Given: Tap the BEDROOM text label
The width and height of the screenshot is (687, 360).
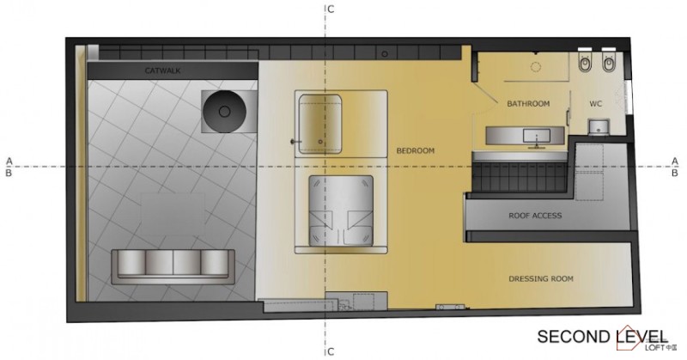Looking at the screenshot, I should click(x=415, y=151).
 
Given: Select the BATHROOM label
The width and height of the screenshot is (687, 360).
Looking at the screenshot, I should click(x=527, y=104).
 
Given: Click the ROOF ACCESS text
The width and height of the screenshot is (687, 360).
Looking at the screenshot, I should click(x=534, y=216).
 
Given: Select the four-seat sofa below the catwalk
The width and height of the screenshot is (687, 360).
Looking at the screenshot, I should click(x=173, y=265).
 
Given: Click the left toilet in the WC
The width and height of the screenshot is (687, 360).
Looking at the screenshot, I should click(x=585, y=62).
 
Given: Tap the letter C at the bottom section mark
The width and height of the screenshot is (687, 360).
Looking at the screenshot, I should click(x=331, y=351).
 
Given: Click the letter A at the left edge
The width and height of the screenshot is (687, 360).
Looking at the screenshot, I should click(x=9, y=161).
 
